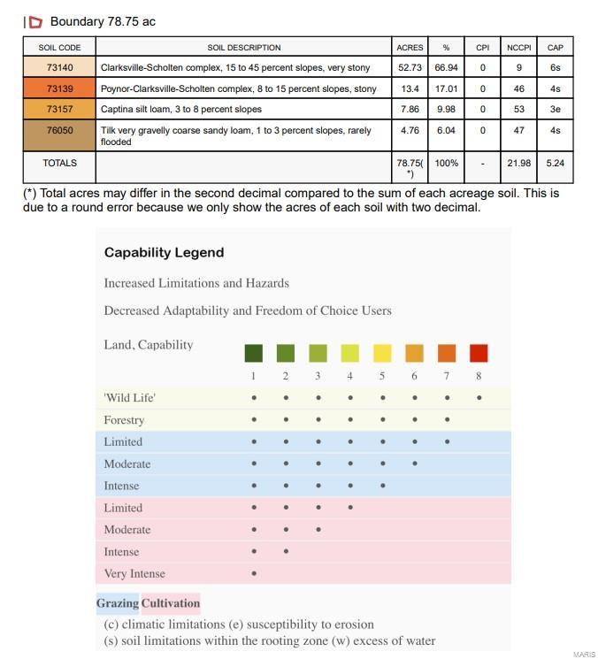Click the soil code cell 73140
coord(59,67)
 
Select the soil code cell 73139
coord(59,88)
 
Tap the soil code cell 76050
coord(59,130)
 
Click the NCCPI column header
coord(518,47)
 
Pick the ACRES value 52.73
coord(410,67)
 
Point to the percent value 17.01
coord(446,88)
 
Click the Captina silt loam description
coord(181,110)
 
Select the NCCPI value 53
coord(518,110)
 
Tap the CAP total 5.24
coord(555,164)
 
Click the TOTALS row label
coord(59,164)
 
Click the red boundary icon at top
coord(35,22)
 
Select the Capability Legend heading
coord(164,252)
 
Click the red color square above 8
coord(479,354)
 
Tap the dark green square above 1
coord(253,354)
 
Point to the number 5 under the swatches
coord(382,376)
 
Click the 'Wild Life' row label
coord(129,398)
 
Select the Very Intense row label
coord(134,573)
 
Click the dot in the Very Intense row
coord(254,573)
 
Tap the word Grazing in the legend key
coord(118,603)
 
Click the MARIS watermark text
coord(584,655)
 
